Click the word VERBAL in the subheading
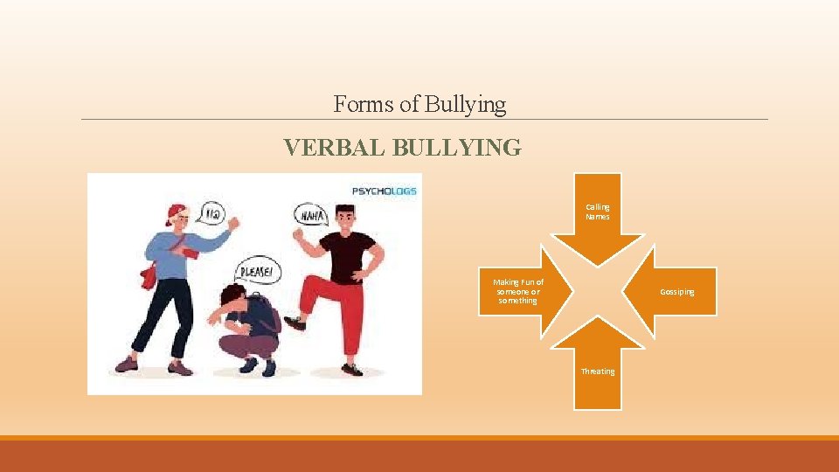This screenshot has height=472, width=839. (334, 149)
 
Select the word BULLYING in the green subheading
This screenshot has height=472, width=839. (457, 149)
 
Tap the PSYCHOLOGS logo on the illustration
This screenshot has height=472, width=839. (384, 191)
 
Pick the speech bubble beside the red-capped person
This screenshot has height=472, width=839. (210, 212)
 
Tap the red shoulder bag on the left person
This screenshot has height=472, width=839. (149, 275)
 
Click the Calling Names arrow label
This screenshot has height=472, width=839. (598, 212)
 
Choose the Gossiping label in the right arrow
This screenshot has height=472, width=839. (676, 292)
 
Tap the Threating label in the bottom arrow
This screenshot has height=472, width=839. (598, 371)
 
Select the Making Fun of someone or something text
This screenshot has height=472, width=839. (517, 291)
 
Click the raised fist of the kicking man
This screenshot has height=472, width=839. (300, 236)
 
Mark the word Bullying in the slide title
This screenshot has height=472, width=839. (465, 105)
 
